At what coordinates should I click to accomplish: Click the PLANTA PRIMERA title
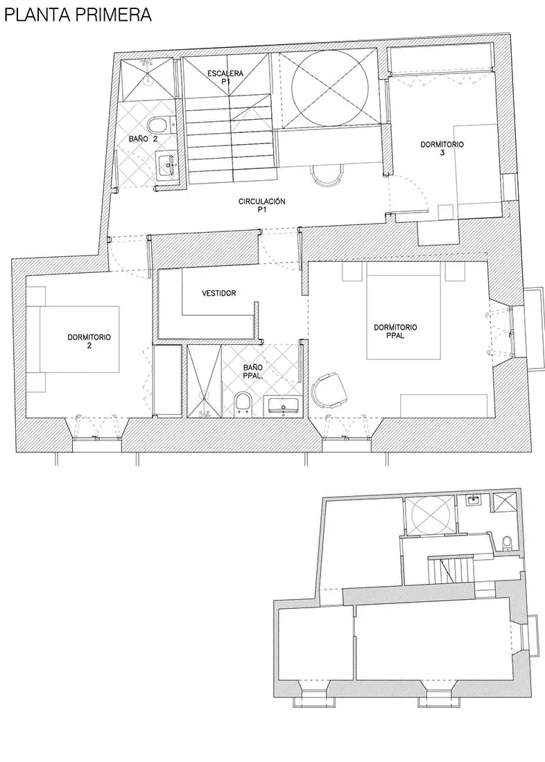point(78,15)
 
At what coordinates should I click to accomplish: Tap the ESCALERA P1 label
point(225,78)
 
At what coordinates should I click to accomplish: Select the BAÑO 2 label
point(144,139)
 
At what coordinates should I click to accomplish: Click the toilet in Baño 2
point(159,125)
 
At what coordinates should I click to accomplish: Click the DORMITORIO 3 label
point(442,148)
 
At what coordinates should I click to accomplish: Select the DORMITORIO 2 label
point(89,341)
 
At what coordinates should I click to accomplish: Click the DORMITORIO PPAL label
point(396,331)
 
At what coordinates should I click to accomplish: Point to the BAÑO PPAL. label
point(253,372)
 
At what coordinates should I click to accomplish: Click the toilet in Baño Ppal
point(243,405)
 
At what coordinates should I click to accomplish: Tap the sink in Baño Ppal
point(284,406)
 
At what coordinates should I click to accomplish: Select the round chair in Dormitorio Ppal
point(329,390)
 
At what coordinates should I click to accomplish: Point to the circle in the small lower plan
point(430,517)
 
